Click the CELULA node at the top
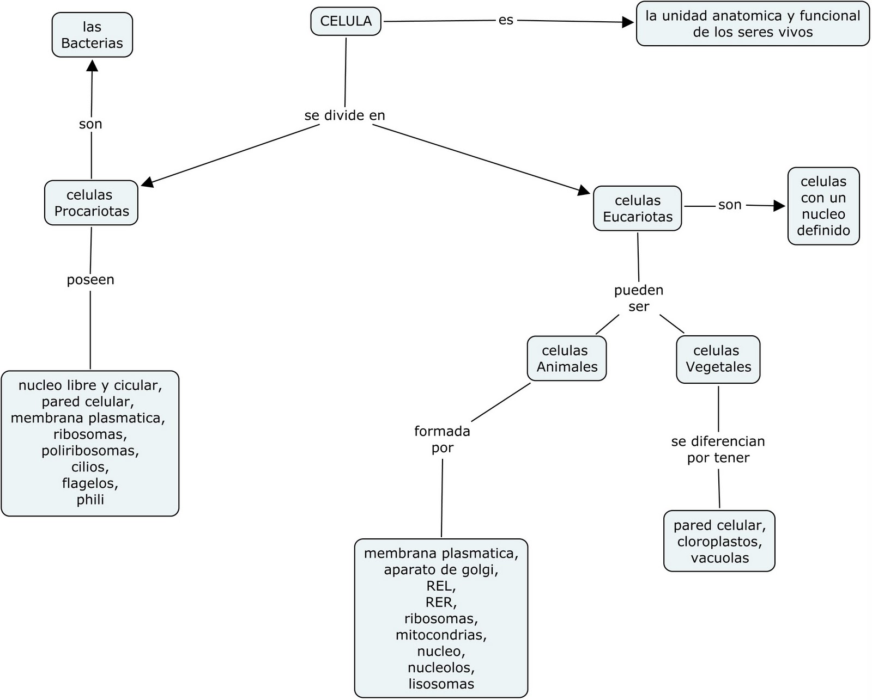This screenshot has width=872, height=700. click(x=346, y=21)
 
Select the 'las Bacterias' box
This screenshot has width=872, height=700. click(x=92, y=35)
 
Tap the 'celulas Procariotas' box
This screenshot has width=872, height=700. click(x=91, y=203)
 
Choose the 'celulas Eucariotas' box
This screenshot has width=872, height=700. click(x=637, y=208)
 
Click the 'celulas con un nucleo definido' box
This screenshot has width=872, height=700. click(x=823, y=206)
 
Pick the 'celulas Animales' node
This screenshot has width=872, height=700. click(x=567, y=358)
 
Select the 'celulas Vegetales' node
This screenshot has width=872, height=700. click(x=718, y=359)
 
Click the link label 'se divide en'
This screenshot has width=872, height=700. click(x=344, y=115)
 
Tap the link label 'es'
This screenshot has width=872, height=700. click(x=506, y=20)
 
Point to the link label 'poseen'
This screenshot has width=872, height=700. click(x=90, y=280)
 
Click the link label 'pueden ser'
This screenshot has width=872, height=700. click(x=639, y=298)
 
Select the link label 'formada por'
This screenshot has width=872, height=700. click(x=442, y=439)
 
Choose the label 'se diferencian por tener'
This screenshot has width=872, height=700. click(x=718, y=449)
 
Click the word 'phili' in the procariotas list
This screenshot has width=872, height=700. click(x=90, y=500)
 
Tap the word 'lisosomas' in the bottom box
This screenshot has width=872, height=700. click(x=441, y=684)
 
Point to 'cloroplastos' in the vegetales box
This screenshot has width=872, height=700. click(x=719, y=542)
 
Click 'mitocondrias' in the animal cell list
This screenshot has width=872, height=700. click(x=441, y=635)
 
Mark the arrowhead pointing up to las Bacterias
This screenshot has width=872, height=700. click(x=93, y=65)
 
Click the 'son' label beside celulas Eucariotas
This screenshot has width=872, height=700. click(x=730, y=205)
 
